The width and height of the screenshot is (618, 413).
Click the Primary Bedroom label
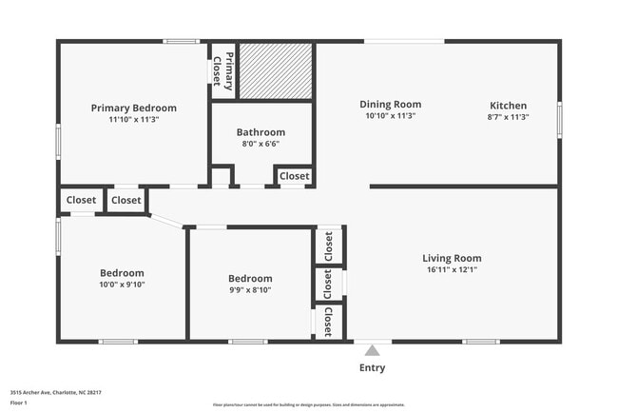point(133,108)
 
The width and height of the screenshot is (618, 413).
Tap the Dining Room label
point(390,105)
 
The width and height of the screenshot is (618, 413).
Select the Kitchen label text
point(508,106)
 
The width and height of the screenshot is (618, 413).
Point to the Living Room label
point(452,258)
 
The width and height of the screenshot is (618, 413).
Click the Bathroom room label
point(261,132)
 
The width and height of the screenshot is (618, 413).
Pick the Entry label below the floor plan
point(372,368)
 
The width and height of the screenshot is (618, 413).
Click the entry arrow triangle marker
point(372,349)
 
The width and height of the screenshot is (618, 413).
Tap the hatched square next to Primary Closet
point(275,70)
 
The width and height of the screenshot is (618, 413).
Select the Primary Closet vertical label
point(222,70)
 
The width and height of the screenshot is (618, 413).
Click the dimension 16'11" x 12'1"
point(452,269)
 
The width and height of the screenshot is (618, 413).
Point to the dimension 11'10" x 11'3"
point(133,120)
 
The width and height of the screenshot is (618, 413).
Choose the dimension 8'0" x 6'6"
point(261,144)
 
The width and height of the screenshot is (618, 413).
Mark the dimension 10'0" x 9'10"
point(122,285)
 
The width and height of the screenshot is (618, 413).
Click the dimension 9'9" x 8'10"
point(250,290)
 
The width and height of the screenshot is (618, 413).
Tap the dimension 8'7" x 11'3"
point(508,116)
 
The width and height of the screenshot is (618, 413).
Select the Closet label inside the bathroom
point(294,176)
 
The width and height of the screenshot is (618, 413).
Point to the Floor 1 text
point(19,403)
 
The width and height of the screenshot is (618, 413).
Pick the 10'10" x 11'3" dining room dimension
point(390,116)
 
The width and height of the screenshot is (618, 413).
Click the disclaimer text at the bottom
point(308,404)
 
